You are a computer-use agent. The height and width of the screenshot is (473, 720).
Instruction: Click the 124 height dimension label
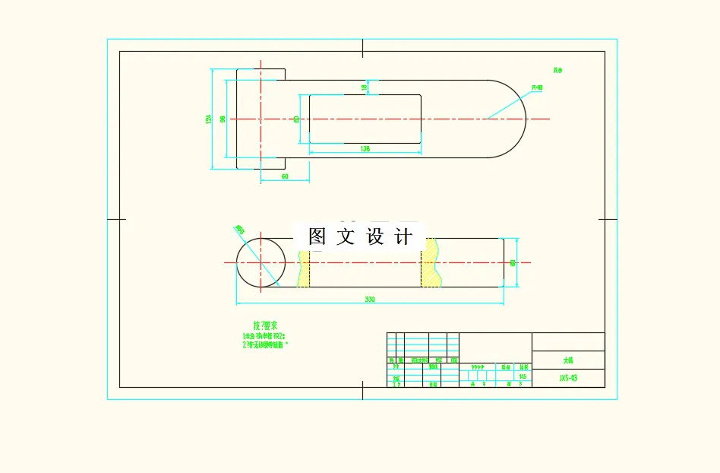click(208, 119)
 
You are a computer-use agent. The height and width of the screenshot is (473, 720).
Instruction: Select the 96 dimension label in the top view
click(222, 119)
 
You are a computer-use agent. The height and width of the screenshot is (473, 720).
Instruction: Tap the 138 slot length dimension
click(365, 149)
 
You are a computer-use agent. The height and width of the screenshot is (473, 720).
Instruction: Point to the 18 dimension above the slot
click(364, 87)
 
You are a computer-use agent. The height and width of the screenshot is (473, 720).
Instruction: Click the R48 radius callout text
click(537, 87)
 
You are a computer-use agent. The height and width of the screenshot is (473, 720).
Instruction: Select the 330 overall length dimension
click(370, 300)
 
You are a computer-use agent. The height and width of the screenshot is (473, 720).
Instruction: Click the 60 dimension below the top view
click(285, 176)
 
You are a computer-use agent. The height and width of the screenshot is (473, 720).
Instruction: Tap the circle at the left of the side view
click(261, 262)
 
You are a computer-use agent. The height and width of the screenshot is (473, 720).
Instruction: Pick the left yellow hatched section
click(304, 263)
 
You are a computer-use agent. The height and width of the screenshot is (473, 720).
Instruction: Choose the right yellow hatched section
click(431, 263)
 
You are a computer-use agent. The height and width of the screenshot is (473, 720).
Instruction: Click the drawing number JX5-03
click(568, 377)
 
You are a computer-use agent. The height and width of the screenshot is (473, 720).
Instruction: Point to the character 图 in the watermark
click(317, 236)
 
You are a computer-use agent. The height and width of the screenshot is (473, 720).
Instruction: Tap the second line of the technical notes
click(265, 344)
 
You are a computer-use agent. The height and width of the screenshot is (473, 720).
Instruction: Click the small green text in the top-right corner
click(558, 71)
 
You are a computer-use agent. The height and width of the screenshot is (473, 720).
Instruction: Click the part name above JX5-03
click(568, 360)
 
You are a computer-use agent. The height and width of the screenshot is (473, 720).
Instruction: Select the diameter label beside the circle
click(240, 229)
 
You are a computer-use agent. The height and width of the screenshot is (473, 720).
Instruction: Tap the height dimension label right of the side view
click(513, 262)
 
